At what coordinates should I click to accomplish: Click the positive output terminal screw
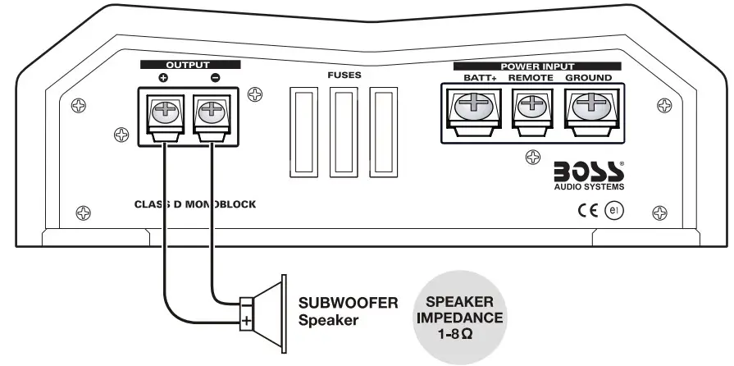point(165,109)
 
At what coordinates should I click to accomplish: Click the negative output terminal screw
point(211,109)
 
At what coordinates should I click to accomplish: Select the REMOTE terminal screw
point(531,104)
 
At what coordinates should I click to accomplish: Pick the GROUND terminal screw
point(588,103)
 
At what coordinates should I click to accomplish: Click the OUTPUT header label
point(188,64)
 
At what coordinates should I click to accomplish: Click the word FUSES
point(343,75)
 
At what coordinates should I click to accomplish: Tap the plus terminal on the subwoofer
point(246,320)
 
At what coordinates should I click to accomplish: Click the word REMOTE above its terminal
point(531,78)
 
